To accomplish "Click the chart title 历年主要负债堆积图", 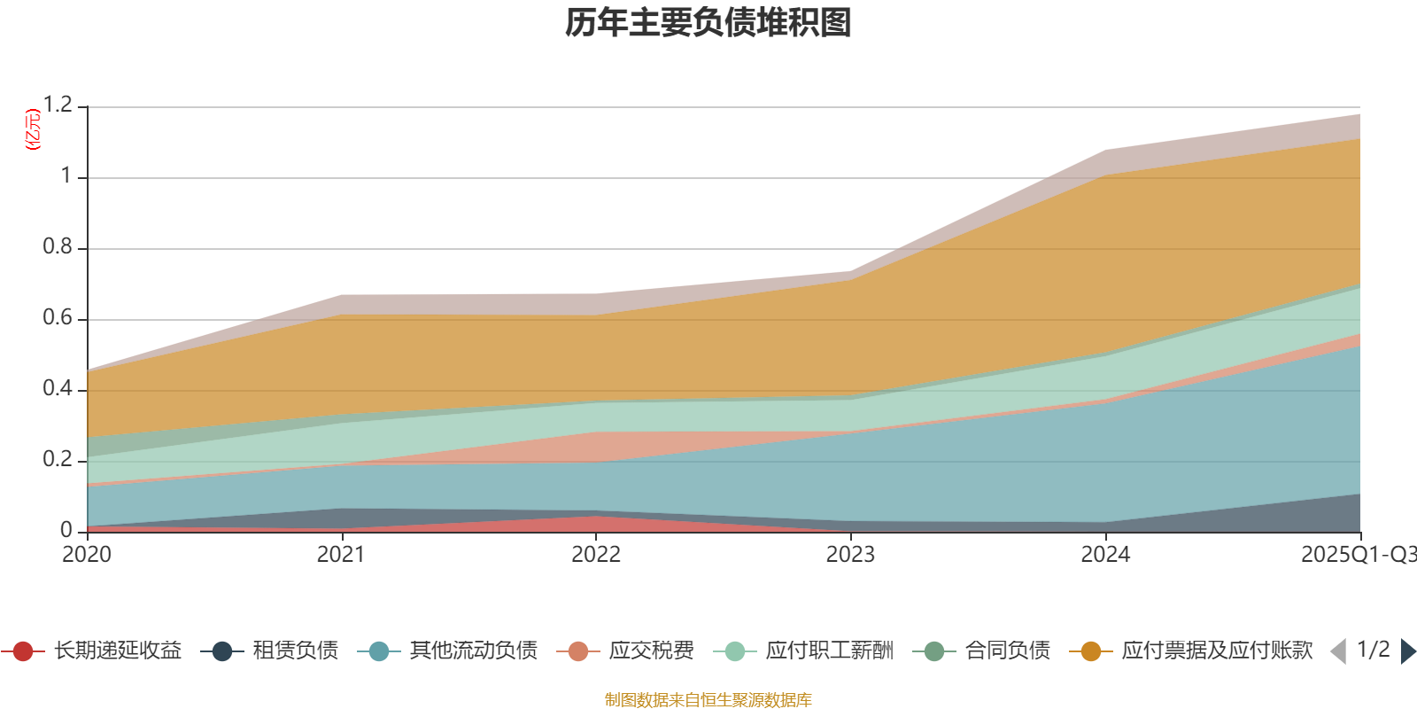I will (x=708, y=23).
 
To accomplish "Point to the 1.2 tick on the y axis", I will (x=58, y=105).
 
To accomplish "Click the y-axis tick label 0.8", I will (x=58, y=247).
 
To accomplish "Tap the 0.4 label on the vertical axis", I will (x=58, y=389).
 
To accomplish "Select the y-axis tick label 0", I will (x=66, y=531).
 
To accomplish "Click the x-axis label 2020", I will (x=87, y=555).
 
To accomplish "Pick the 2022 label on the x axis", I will (x=596, y=555).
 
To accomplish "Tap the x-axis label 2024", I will (x=1105, y=555).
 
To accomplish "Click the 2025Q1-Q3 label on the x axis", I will (x=1357, y=555).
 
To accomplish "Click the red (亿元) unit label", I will (x=33, y=129).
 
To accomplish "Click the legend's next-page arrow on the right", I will (x=1407, y=651).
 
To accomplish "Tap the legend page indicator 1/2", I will (x=1373, y=650).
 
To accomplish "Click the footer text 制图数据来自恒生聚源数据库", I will (x=708, y=700).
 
